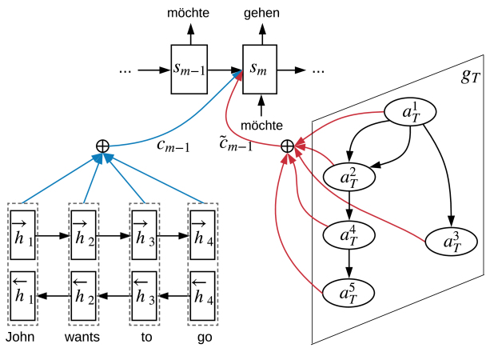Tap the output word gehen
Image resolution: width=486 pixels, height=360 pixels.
261,14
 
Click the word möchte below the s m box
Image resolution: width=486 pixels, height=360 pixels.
261,126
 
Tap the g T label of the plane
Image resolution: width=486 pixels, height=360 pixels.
470,76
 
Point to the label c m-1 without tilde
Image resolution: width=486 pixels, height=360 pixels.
173,146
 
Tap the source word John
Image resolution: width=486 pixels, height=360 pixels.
20,337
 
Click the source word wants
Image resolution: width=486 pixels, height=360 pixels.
82,337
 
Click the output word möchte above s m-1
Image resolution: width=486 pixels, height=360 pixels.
188,13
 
